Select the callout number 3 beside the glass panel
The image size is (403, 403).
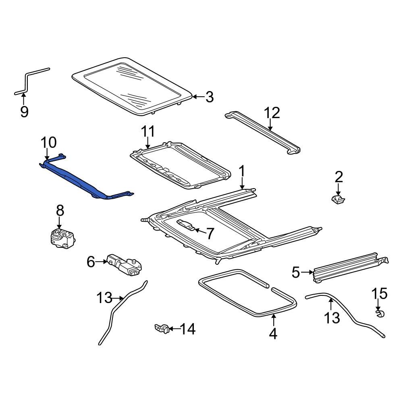(209, 97)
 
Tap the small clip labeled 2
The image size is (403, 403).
(338, 199)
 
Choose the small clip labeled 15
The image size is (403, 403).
(379, 314)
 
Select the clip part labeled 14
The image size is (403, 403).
(161, 329)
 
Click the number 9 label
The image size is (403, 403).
(24, 111)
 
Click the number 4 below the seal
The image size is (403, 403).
(273, 334)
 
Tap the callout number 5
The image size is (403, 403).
(296, 273)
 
